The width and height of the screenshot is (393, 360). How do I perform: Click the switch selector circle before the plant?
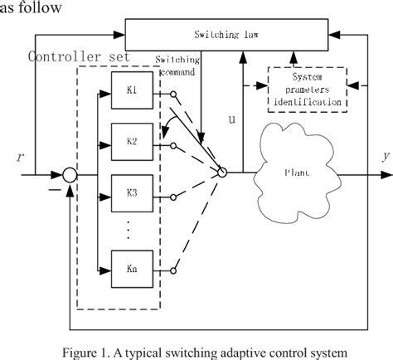[x=222, y=172]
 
